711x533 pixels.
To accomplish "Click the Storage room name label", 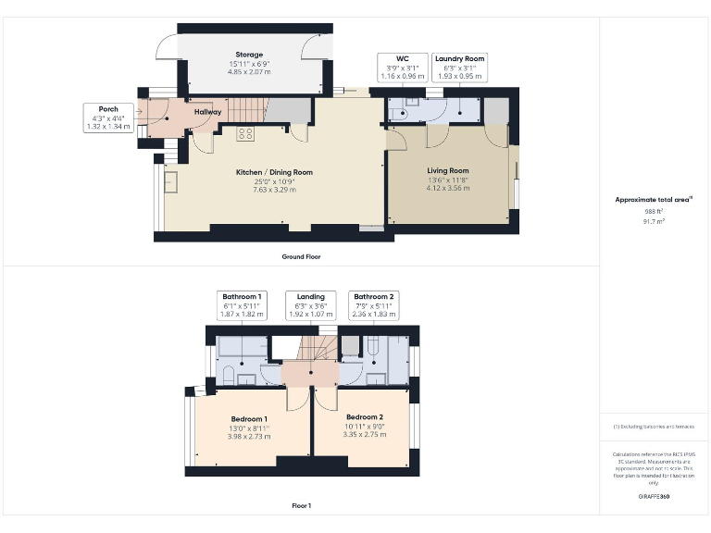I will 248,55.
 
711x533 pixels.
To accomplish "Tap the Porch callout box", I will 108,118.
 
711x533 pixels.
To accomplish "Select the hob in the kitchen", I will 246,133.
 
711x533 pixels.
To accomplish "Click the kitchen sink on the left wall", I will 171,181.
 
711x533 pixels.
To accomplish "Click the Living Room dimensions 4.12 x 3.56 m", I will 448,188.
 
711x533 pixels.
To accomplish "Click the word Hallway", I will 207,112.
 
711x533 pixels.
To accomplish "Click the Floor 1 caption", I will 301,506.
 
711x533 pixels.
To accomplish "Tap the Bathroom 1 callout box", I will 241,305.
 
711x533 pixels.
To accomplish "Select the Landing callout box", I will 305,305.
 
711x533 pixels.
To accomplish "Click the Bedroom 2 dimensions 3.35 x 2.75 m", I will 363,435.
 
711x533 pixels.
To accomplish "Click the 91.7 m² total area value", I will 655,222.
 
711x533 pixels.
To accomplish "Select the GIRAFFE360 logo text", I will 655,497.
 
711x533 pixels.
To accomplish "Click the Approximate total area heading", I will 654,200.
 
